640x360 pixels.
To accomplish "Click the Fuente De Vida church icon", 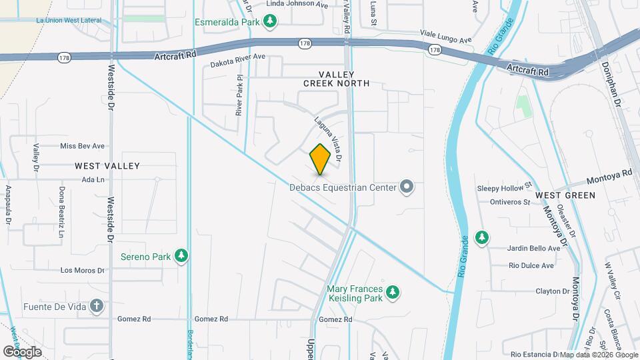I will pos(97,307).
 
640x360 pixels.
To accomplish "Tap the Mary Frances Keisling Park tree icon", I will pos(393,291).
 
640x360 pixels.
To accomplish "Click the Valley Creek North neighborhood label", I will pos(336,79).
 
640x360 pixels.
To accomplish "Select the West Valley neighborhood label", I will pos(107,165).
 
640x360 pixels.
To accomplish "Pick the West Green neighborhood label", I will pos(565,195).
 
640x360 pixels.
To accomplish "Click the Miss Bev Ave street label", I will pos(83,146).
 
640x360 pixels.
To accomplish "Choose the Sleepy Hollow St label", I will pos(504,187).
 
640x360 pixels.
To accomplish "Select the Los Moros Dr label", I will pos(83,271).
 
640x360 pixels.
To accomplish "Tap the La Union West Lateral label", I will pos(69,21).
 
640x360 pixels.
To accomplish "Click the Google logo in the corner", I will pos(22,352).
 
